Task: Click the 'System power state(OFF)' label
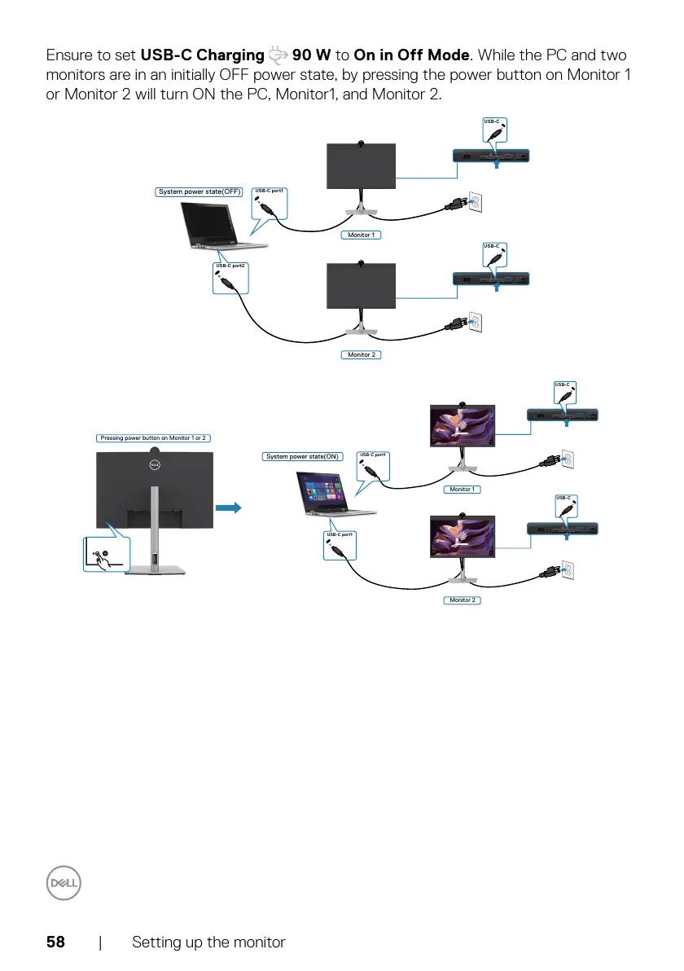[x=200, y=192]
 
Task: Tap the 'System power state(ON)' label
[x=302, y=457]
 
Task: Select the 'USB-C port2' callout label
[x=230, y=266]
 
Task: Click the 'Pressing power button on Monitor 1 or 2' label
[x=153, y=438]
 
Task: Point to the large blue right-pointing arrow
[x=231, y=507]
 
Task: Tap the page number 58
[x=55, y=942]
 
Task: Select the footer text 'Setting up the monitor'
[x=208, y=942]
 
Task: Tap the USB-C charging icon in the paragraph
[x=278, y=56]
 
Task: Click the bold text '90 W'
[x=311, y=56]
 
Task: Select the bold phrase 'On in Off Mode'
[x=412, y=56]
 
